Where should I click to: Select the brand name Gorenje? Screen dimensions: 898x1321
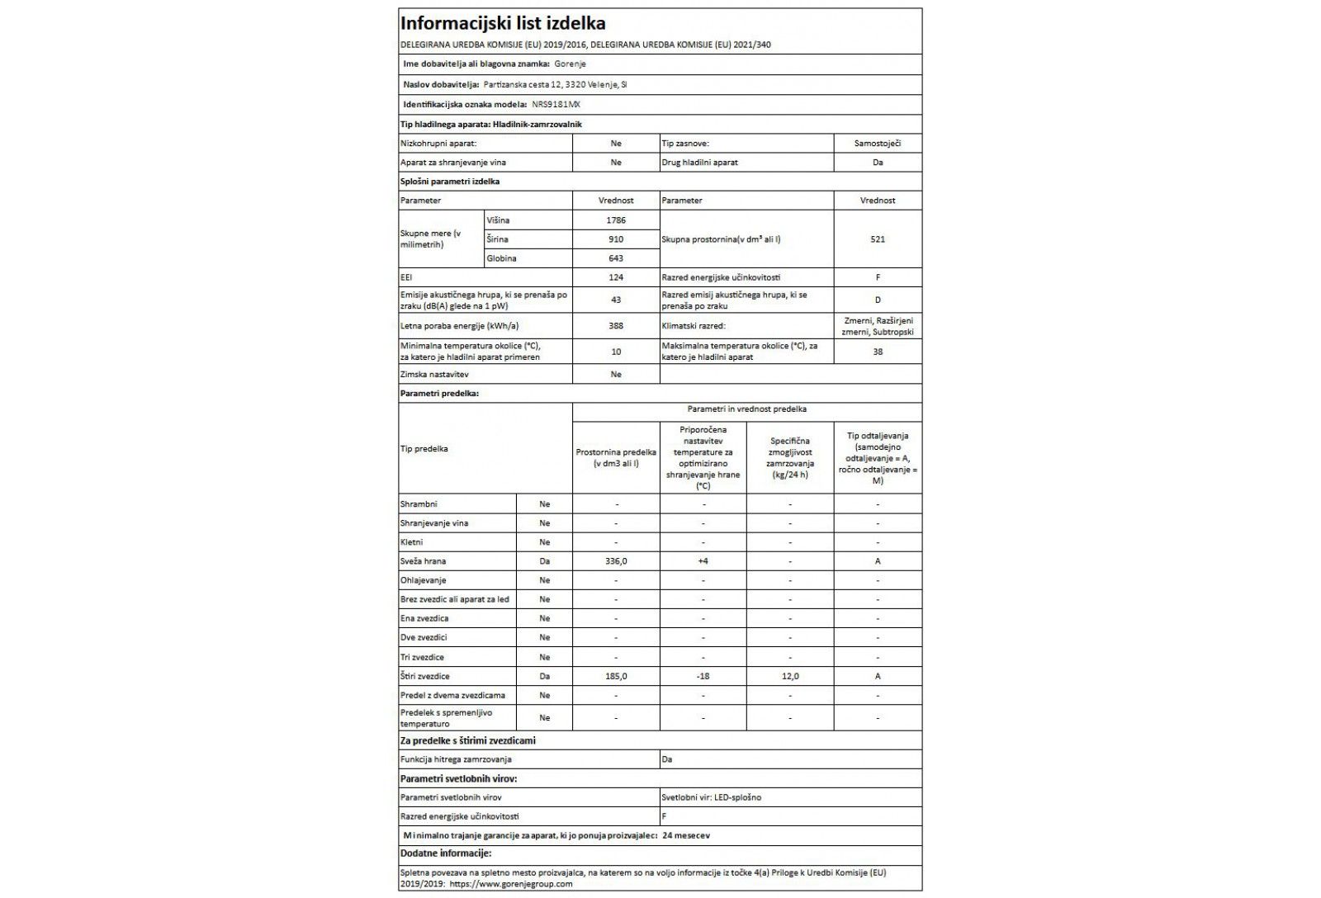[570, 64]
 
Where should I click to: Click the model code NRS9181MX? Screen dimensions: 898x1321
[561, 105]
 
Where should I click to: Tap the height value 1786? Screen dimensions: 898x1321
[615, 220]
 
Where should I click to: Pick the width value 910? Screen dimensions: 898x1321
[615, 239]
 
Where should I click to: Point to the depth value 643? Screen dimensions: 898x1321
[615, 258]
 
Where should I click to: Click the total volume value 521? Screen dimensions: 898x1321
[877, 239]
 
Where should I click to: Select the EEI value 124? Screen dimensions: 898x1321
[615, 277]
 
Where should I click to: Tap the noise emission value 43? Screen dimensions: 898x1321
[615, 300]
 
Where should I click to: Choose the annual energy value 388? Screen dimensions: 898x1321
[615, 326]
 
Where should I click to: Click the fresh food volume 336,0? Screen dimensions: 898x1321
[615, 561]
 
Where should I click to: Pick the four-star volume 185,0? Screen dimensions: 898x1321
[615, 676]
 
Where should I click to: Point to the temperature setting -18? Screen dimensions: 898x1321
[703, 676]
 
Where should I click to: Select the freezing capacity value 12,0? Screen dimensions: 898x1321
[790, 676]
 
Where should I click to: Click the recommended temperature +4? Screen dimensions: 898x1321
[703, 561]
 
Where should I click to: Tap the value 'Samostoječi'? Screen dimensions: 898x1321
[877, 143]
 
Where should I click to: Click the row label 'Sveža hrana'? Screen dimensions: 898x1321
[423, 561]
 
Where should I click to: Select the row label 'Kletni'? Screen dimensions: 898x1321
[412, 542]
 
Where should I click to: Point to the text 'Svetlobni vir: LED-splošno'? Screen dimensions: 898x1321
[712, 797]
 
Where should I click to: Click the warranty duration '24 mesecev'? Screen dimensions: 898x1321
[686, 835]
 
